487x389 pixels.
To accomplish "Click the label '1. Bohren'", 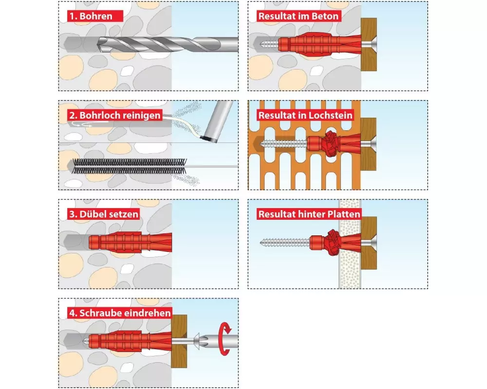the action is (x=91, y=16).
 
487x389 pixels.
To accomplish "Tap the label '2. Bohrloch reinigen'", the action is (x=115, y=115).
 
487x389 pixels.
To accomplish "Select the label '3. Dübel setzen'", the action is (x=104, y=214).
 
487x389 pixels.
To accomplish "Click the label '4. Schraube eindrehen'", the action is (x=120, y=313).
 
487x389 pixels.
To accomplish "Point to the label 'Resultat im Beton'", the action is (x=299, y=16).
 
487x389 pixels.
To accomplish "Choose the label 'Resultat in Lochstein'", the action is (x=306, y=115).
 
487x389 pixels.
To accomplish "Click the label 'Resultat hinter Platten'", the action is (x=309, y=214).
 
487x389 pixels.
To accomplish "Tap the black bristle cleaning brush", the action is (x=130, y=166).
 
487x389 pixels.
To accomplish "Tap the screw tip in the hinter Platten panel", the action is (x=262, y=242).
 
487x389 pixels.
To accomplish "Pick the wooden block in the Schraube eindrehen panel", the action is (x=179, y=341).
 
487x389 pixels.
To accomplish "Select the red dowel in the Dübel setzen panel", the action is (x=130, y=242).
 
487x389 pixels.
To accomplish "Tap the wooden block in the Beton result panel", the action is (x=369, y=44).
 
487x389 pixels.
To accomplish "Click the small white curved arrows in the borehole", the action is (x=81, y=124).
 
